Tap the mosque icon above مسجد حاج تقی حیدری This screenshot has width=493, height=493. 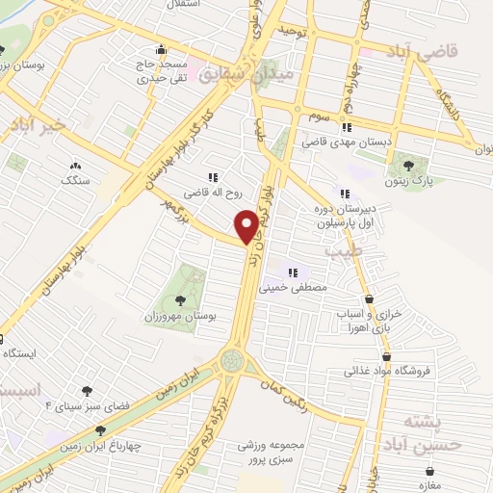(x=160, y=48)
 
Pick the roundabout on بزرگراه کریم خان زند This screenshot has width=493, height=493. (x=231, y=361)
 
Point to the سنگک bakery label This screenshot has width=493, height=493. (x=75, y=179)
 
